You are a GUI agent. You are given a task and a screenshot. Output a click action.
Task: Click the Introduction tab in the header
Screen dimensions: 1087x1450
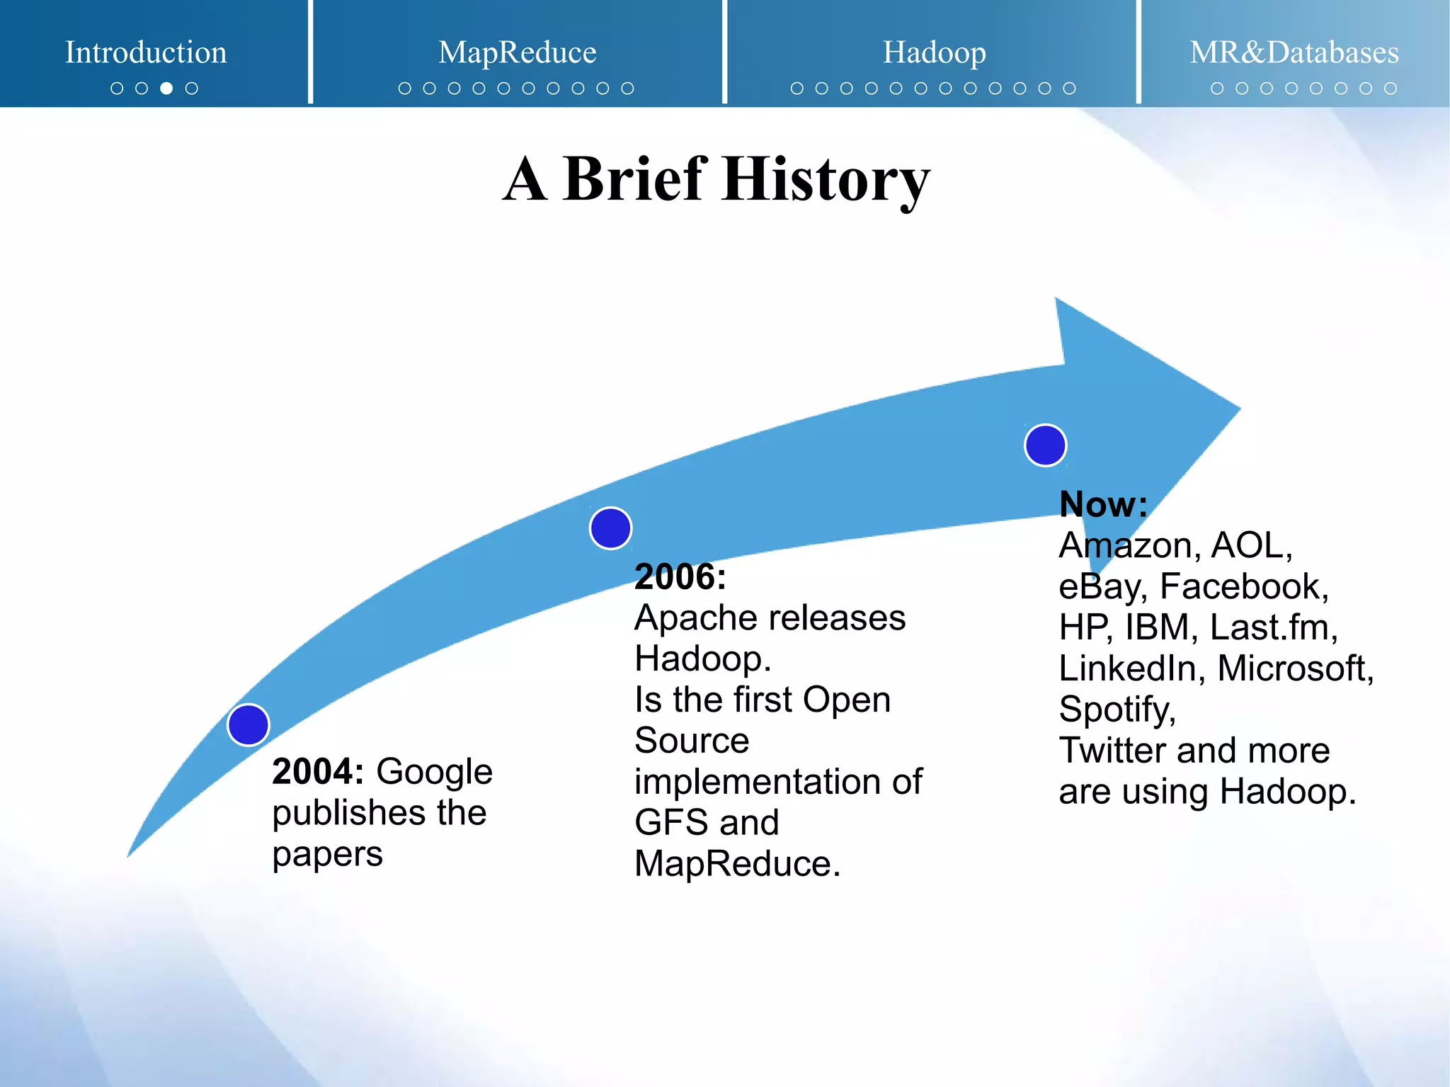coord(146,52)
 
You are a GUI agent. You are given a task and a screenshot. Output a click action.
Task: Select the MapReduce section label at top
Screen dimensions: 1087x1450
coord(517,52)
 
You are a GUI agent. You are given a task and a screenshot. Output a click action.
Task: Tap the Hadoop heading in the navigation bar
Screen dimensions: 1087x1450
coord(934,52)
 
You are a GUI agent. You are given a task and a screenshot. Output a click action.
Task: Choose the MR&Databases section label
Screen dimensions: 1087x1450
coord(1294,52)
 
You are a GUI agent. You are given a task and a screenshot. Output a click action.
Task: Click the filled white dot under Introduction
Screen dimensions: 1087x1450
coord(166,89)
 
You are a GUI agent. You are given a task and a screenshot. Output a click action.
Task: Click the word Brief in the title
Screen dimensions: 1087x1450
coord(634,179)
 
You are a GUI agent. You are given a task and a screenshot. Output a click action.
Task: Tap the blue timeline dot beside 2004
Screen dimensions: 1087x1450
coord(249,724)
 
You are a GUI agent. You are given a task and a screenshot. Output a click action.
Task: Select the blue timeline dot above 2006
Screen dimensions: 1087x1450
coord(610,528)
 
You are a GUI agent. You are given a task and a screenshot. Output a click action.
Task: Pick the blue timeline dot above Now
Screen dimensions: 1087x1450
coord(1045,445)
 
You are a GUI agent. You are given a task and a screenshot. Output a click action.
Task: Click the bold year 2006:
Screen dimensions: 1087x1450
coord(680,576)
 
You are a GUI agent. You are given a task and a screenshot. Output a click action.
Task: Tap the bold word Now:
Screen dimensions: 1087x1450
coord(1102,504)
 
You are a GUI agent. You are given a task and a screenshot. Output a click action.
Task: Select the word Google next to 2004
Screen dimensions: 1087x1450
coord(434,771)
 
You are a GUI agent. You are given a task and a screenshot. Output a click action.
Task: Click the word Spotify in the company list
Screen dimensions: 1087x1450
coord(1116,710)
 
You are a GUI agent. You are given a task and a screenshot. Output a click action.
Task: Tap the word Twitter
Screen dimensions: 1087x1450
coord(1111,750)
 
